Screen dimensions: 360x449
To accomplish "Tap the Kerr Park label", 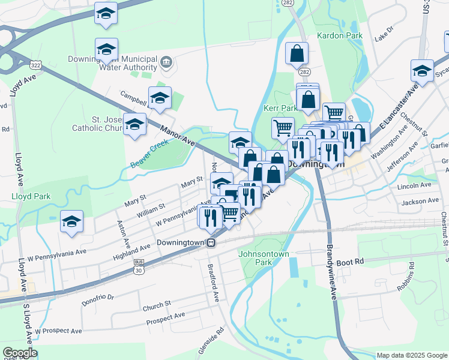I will pos(280,108).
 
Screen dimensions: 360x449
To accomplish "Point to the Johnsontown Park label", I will pos(264,258).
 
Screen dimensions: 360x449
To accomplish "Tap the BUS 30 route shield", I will pos(139,267).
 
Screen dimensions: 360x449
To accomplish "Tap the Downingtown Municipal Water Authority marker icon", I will pos(166,61).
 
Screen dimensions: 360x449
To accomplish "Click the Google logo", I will pos(20,353).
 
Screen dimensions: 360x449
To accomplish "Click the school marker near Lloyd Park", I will pos(72,223).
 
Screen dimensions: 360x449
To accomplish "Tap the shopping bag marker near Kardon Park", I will pos(297,53).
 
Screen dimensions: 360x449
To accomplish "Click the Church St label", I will pos(157,307).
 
